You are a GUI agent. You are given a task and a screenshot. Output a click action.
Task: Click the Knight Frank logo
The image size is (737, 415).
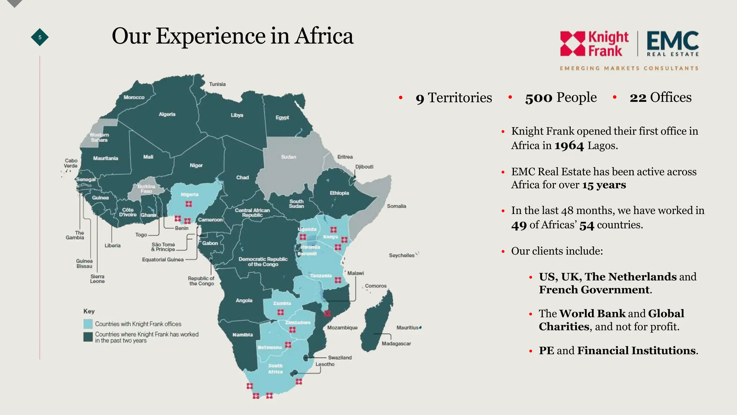coord(594,44)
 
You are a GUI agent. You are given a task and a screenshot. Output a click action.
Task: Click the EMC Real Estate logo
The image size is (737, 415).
coord(672,44)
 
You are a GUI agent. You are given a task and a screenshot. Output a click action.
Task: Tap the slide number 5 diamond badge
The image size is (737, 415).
coord(40,37)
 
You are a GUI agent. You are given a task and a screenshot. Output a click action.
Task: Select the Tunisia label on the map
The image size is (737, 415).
coord(217,84)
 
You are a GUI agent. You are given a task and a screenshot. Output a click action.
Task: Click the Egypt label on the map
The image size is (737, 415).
coord(282,117)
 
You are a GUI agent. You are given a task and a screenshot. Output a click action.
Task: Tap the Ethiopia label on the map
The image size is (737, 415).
coord(339,193)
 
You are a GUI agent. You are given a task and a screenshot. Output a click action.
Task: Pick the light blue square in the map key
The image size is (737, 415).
coord(88,324)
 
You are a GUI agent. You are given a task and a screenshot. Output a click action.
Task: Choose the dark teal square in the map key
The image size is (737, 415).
coord(88,337)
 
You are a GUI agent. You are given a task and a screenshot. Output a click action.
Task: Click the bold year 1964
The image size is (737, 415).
coord(569,146)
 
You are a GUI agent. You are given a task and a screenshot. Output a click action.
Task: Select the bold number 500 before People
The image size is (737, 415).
coord(538,98)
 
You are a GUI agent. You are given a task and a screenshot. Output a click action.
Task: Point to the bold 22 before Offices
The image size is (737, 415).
coord(638,98)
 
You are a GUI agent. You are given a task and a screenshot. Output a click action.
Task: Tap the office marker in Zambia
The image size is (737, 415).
coord(281,312)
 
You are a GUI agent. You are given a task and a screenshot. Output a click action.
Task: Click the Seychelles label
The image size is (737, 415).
coord(402,255)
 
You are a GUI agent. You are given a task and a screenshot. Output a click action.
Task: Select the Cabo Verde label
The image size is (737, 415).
coord(71,163)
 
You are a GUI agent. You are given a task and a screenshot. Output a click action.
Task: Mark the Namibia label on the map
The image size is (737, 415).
coord(243,335)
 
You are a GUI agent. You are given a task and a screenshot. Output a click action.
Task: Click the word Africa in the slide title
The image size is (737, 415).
coord(324,36)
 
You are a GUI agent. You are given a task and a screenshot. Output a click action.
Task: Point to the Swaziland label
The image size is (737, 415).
coord(340,357)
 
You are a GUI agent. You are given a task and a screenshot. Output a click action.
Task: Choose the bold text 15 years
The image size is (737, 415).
coord(604,185)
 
